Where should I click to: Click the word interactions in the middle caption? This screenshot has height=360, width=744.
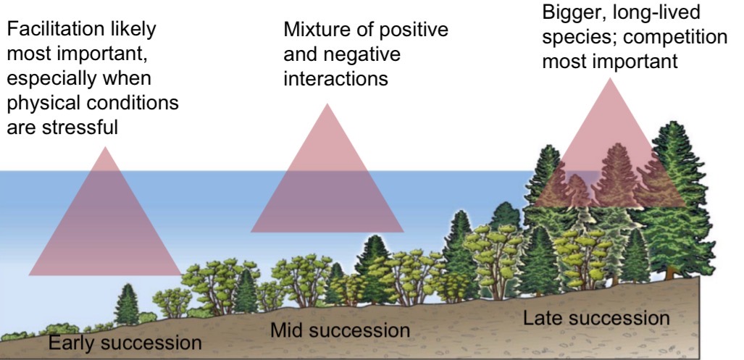(335, 78)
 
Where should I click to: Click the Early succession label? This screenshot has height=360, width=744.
(125, 341)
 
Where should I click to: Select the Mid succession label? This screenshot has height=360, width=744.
(340, 331)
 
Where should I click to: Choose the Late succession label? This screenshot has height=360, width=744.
(596, 318)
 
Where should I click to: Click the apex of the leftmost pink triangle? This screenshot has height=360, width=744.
(105, 148)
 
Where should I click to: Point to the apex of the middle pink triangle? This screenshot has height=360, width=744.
(327, 104)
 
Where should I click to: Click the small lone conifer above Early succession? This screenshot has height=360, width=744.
(127, 304)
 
